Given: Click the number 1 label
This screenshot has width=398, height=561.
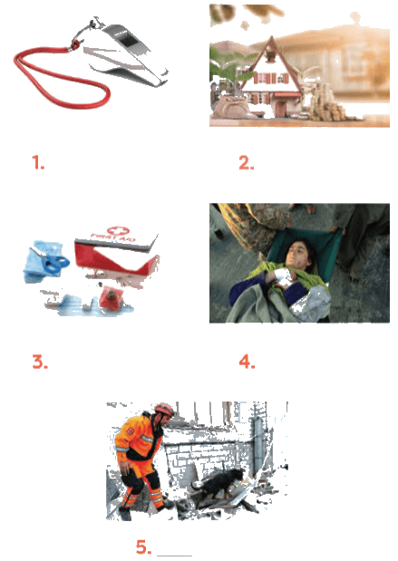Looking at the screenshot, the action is point(37,162).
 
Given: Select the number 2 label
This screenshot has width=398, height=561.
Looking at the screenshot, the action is point(247,163).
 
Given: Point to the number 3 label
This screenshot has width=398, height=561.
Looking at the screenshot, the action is point(40,362).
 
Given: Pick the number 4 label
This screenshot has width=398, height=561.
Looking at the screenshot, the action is point(247,362).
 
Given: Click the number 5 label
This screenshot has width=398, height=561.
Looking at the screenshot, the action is point(143,547).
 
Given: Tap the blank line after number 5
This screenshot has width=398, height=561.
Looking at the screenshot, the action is point(174,556).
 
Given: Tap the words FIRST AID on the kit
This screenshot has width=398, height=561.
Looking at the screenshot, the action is point(113,237).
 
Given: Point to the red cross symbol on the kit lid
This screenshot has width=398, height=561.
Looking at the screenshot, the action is point(118,230).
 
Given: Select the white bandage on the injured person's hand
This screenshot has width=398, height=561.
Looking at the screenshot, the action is point(286,278).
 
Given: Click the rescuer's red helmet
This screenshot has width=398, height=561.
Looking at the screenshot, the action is point(164,409).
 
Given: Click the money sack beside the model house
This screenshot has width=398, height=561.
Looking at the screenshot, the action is point(229,107).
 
